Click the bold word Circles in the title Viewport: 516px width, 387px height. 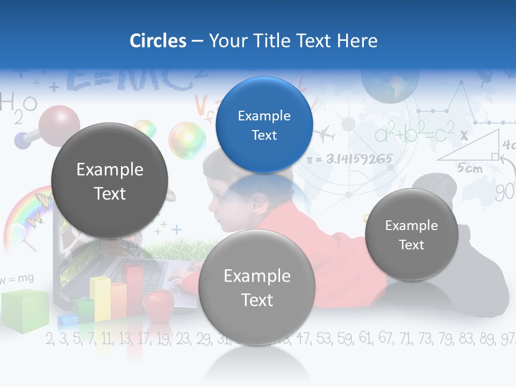pyautogui.click(x=157, y=41)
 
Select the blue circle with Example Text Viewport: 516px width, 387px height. pyautogui.click(x=264, y=125)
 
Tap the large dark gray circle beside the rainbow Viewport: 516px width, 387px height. pyautogui.click(x=110, y=181)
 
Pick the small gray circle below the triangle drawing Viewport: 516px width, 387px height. pyautogui.click(x=412, y=234)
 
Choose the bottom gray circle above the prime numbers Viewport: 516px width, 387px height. pyautogui.click(x=257, y=287)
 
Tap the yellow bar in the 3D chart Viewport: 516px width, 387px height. pyautogui.click(x=101, y=298)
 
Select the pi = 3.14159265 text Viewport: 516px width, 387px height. pyautogui.click(x=349, y=159)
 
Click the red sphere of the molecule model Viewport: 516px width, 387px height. pyautogui.click(x=59, y=124)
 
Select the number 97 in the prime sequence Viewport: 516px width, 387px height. pyautogui.click(x=507, y=339)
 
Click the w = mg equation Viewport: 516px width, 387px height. pyautogui.click(x=17, y=278)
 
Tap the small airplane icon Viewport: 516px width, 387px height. pyautogui.click(x=325, y=135)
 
